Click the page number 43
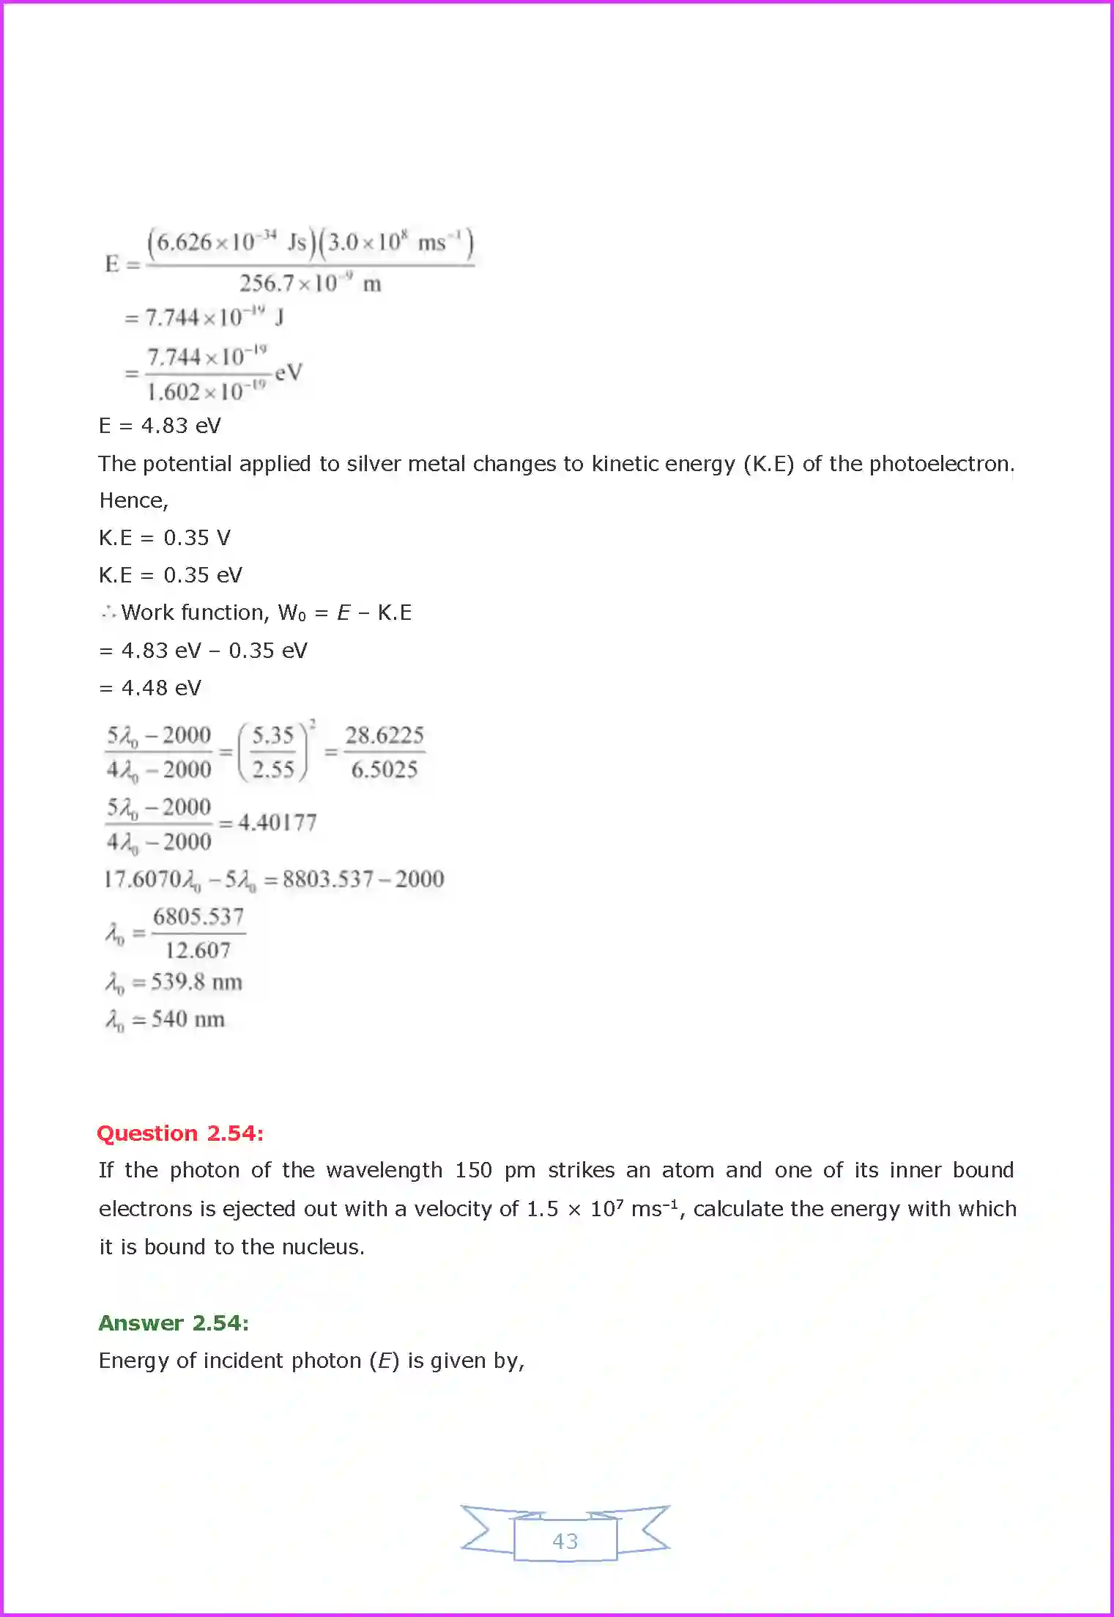pyautogui.click(x=565, y=1541)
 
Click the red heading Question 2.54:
pyautogui.click(x=180, y=1133)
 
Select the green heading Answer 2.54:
pyautogui.click(x=174, y=1322)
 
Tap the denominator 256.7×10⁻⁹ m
pyautogui.click(x=310, y=284)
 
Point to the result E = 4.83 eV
pyautogui.click(x=160, y=426)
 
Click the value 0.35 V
pyautogui.click(x=196, y=538)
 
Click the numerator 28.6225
pyautogui.click(x=385, y=735)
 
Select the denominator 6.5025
pyautogui.click(x=385, y=769)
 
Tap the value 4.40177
pyautogui.click(x=278, y=823)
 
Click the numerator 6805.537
pyautogui.click(x=198, y=917)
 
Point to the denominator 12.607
pyautogui.click(x=198, y=950)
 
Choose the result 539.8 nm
pyautogui.click(x=196, y=982)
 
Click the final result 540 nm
pyautogui.click(x=187, y=1019)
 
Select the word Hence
pyautogui.click(x=133, y=500)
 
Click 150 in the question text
pyautogui.click(x=473, y=1170)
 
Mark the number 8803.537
pyautogui.click(x=328, y=879)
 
